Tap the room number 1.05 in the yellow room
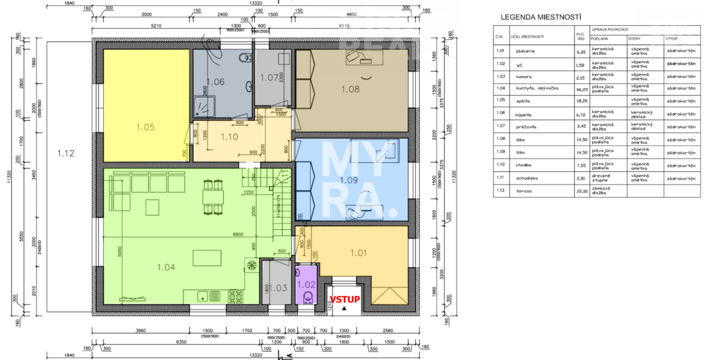pos(146,127)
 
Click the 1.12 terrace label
pos(65,153)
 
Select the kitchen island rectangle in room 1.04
pos(206,257)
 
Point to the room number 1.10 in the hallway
pos(229,137)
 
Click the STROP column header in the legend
pos(671,40)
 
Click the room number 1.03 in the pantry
pos(277,289)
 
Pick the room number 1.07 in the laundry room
pos(269,77)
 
